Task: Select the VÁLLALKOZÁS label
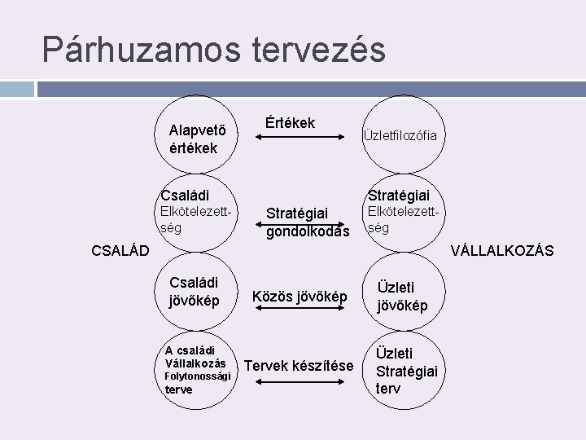(502, 250)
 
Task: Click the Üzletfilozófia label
(400, 135)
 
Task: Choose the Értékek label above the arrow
(290, 123)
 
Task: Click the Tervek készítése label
(299, 366)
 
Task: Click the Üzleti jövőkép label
(401, 296)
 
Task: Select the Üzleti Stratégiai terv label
(406, 371)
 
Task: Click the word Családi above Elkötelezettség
(185, 195)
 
